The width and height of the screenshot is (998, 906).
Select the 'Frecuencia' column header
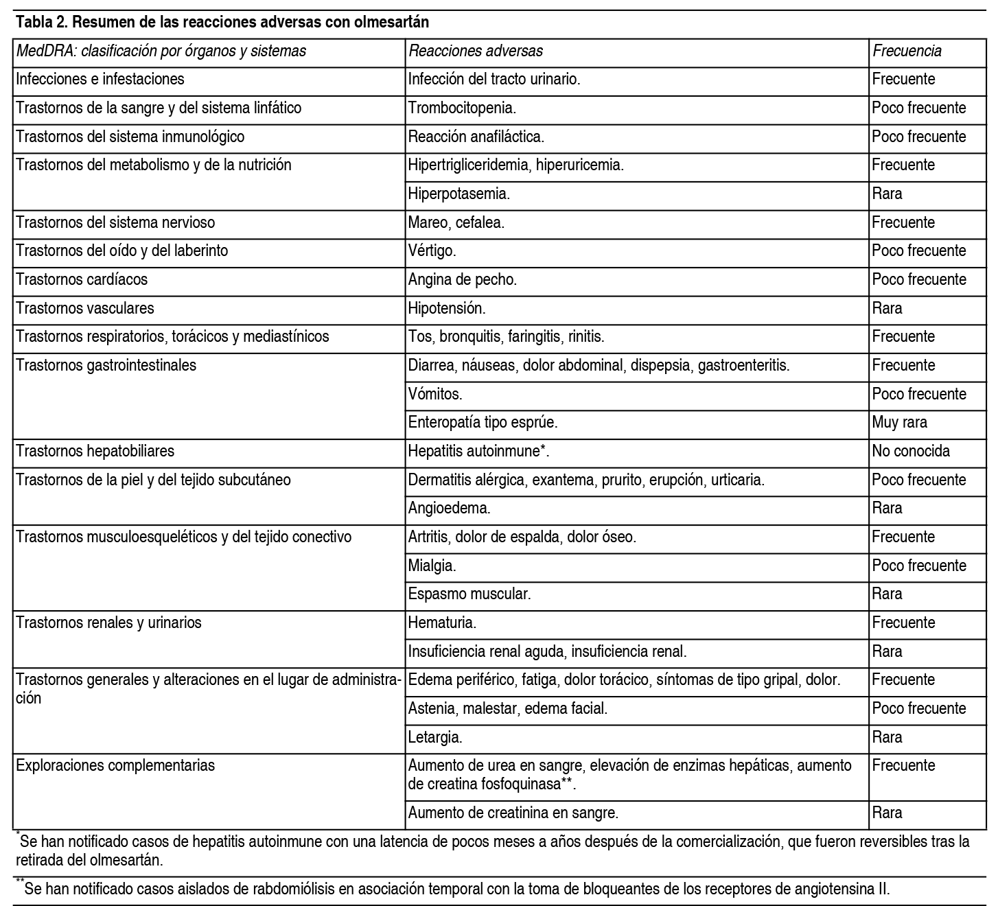click(x=907, y=51)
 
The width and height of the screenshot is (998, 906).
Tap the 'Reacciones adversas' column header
click(x=476, y=51)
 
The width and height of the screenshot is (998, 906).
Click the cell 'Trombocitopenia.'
click(x=462, y=108)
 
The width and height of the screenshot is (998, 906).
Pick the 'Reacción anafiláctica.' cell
click(x=476, y=137)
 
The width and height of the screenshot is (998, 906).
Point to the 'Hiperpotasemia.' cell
click(x=459, y=194)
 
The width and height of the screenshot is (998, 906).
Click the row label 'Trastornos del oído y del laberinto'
click(x=121, y=251)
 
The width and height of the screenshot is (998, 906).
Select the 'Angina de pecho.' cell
click(x=462, y=279)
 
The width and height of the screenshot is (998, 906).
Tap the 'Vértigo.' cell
click(x=432, y=251)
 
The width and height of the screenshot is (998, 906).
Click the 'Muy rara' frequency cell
click(x=899, y=422)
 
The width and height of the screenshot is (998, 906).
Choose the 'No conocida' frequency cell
click(x=911, y=451)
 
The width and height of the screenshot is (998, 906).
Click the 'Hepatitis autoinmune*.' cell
click(x=479, y=451)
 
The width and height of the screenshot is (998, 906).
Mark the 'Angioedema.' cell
click(x=449, y=508)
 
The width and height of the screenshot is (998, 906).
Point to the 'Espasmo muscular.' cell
click(x=469, y=594)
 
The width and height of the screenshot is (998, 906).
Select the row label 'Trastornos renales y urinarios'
click(x=108, y=623)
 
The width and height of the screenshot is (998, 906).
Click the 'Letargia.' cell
click(x=435, y=737)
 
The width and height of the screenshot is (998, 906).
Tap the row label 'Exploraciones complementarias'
click(x=115, y=765)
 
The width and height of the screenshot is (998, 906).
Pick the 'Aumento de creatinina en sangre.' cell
click(x=513, y=813)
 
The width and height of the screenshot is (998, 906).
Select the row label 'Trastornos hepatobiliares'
click(x=95, y=451)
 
